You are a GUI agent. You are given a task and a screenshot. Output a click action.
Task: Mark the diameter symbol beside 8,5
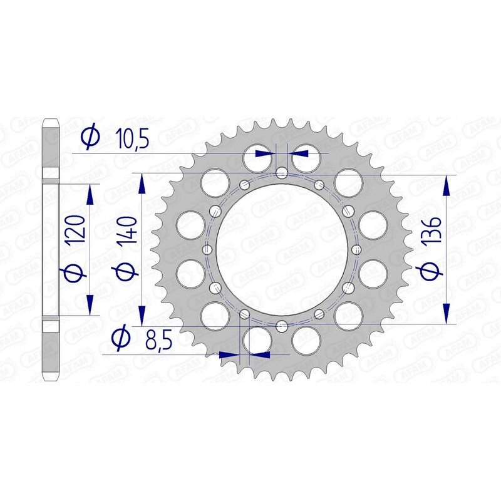tap(120, 339)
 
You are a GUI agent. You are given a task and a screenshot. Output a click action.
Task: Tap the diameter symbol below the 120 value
tap(76, 274)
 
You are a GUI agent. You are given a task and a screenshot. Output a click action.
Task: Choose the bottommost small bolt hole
tap(282, 324)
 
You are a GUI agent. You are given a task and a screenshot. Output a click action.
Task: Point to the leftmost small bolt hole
tap(207, 249)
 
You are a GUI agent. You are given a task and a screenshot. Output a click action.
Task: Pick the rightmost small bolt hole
tap(357, 249)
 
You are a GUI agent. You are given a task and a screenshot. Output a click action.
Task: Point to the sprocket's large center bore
tap(282, 249)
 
